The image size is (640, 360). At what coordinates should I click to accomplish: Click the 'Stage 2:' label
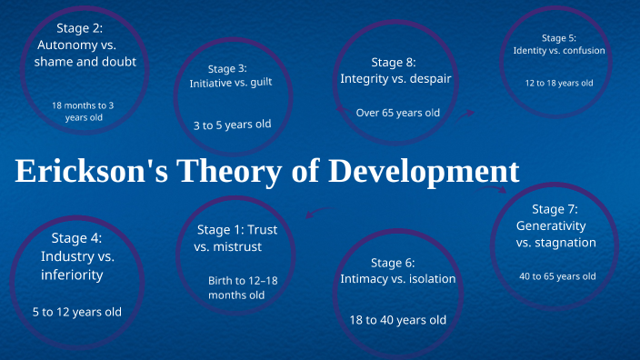(79, 27)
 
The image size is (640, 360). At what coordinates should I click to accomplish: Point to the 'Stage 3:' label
(227, 68)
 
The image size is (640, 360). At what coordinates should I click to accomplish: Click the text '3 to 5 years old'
(232, 125)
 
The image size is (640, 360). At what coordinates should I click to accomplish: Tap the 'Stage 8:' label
(394, 62)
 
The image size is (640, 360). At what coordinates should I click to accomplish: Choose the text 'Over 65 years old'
(397, 113)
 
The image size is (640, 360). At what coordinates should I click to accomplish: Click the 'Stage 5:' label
(558, 37)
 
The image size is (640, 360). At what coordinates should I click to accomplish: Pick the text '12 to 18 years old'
(558, 83)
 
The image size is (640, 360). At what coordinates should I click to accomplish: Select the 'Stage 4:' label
(77, 239)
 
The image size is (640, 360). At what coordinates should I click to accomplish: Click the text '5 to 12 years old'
(77, 312)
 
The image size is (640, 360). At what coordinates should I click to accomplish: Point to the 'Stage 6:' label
(393, 263)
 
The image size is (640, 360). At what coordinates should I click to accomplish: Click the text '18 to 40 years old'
(397, 320)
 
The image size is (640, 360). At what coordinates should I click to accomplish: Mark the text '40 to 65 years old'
(557, 276)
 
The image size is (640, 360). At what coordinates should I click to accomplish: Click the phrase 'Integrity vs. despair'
(395, 79)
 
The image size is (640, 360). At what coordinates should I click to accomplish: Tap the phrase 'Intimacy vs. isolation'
(397, 279)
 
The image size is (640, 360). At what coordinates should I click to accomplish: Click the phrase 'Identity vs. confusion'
(558, 50)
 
